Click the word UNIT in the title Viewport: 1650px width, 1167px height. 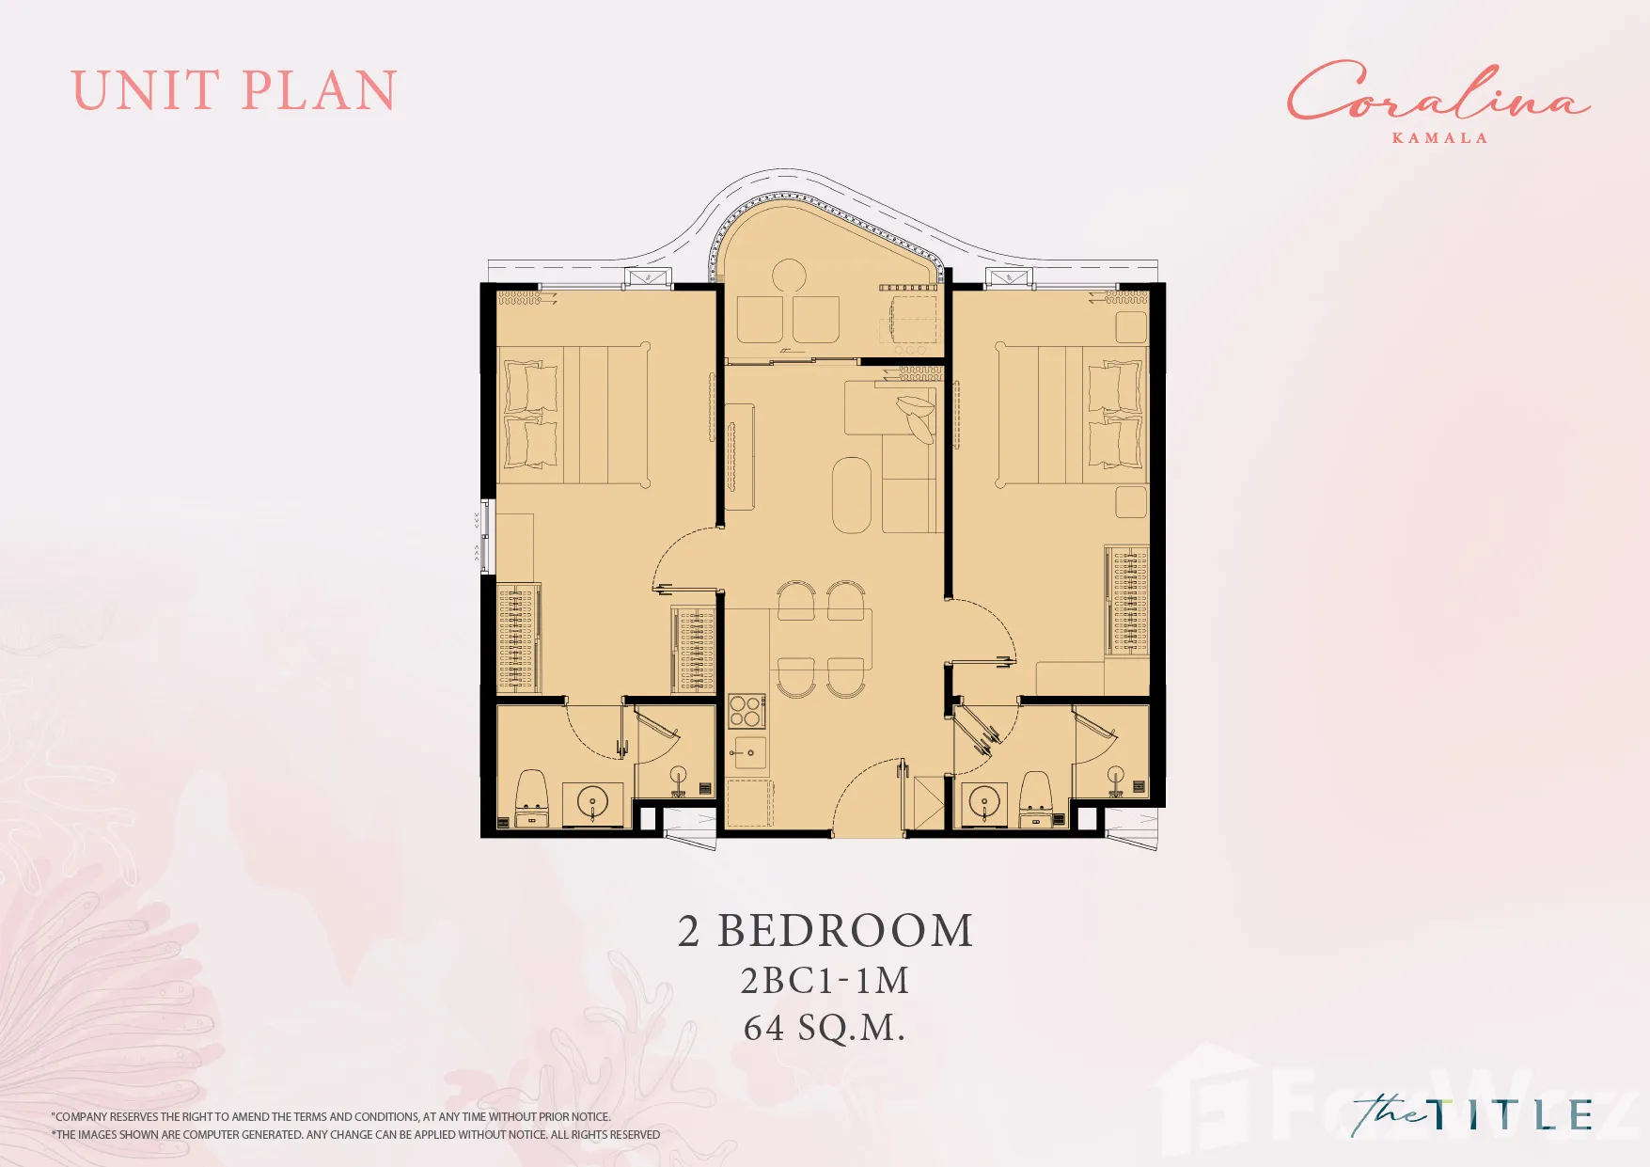click(x=146, y=91)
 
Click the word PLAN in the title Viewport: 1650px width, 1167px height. click(x=321, y=91)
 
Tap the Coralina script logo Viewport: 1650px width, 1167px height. click(x=1438, y=91)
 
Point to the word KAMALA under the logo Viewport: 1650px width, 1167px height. click(x=1439, y=138)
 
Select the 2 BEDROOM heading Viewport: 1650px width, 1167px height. click(x=825, y=931)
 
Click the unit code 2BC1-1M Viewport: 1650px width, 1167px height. click(x=825, y=981)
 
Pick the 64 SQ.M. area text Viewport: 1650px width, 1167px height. click(x=825, y=1028)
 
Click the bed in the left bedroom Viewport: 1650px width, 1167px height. click(x=574, y=415)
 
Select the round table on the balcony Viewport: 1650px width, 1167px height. click(x=789, y=277)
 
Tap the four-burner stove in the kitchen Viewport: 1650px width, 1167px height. click(x=746, y=712)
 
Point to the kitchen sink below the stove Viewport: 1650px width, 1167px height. click(x=749, y=752)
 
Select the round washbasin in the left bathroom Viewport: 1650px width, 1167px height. click(x=592, y=804)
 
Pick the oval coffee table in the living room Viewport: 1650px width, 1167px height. click(x=852, y=495)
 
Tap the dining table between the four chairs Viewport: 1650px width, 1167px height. click(x=821, y=639)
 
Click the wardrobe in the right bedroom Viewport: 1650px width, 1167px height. click(x=1126, y=601)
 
